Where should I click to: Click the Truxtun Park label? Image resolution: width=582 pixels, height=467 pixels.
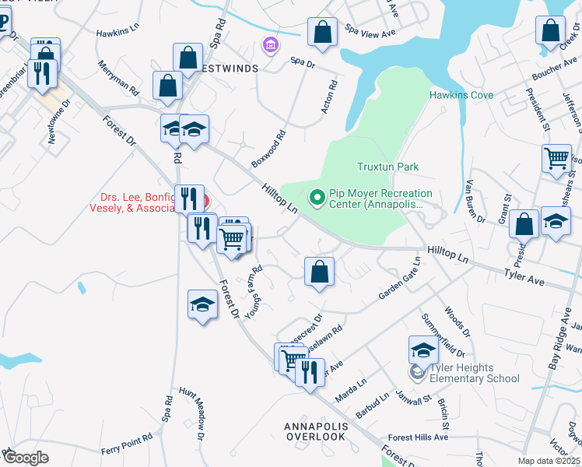click(x=387, y=167)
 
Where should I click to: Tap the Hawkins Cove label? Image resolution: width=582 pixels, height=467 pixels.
click(x=461, y=95)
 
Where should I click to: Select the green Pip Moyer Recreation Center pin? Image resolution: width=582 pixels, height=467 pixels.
click(x=317, y=198)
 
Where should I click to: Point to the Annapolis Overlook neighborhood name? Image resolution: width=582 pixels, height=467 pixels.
click(x=314, y=431)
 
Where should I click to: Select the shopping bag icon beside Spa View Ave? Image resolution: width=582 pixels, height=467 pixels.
click(x=322, y=33)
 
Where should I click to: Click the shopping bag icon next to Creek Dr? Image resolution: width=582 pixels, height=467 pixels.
click(x=550, y=31)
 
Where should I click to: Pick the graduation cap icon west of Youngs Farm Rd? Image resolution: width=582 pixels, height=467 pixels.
click(x=202, y=304)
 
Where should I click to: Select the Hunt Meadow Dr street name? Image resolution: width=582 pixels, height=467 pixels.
click(x=192, y=409)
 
